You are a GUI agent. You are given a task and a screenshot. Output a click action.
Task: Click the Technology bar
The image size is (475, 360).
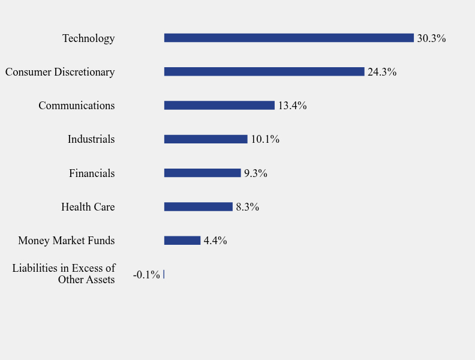coord(288,38)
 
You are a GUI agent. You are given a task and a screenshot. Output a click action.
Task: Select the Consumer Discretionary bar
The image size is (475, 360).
coord(264,71)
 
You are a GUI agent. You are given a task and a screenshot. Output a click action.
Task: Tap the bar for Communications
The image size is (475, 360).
coord(219,106)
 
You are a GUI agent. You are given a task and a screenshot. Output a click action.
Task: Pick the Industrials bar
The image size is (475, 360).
coord(206,139)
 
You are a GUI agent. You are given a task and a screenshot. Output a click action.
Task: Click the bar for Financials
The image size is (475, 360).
coord(202,173)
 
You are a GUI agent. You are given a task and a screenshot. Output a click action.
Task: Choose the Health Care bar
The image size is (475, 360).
coord(198,206)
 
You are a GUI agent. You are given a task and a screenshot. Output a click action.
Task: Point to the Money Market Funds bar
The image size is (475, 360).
coord(182,241)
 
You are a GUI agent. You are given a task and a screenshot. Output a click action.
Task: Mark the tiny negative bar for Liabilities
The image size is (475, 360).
coord(164,274)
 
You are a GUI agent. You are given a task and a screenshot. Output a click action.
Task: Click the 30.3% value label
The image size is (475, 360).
coord(431,38)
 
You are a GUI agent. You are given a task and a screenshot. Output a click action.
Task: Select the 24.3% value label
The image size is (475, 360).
coord(382,72)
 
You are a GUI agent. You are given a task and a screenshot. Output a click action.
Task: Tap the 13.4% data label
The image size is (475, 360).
coord(292,106)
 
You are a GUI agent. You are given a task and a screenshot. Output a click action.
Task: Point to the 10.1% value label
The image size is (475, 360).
coord(265,139)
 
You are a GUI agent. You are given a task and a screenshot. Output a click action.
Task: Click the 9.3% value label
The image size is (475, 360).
coord(255,173)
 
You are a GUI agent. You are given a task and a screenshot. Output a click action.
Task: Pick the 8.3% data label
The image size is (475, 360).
coord(247,207)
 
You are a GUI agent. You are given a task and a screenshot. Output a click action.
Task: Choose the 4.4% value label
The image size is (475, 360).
coord(215,241)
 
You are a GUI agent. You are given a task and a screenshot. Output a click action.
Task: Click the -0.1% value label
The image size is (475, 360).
coord(146,275)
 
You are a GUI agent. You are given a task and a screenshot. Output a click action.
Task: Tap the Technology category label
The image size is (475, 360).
coord(88,38)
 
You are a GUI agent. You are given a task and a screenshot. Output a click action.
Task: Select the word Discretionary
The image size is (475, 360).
coord(85,72)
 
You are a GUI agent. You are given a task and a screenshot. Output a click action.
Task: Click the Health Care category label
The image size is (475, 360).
coord(88,207)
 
